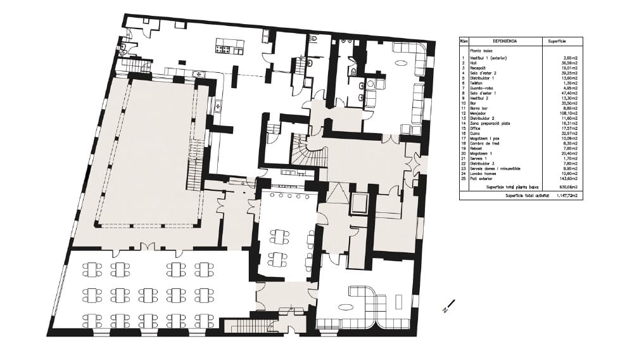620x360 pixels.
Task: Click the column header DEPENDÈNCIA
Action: click(x=504, y=41)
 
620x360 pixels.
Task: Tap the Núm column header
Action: click(x=464, y=41)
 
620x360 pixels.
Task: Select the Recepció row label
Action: click(x=479, y=68)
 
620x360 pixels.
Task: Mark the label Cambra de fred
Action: click(x=484, y=144)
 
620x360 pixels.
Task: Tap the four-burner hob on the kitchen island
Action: click(x=224, y=46)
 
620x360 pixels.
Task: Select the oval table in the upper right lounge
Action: click(x=402, y=62)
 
